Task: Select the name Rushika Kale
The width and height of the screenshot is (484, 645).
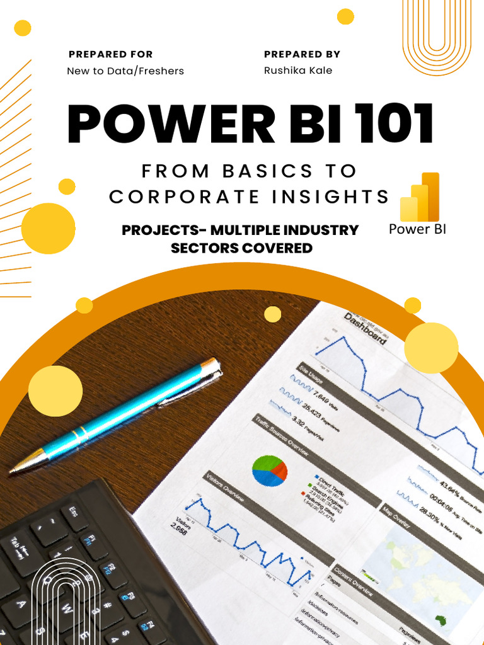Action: tap(298, 71)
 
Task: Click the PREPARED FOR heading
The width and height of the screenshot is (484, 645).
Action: tap(111, 54)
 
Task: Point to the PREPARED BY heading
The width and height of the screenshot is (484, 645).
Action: tap(302, 54)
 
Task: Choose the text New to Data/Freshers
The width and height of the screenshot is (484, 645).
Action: tap(125, 71)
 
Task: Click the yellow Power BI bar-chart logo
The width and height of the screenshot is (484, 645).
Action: tap(420, 197)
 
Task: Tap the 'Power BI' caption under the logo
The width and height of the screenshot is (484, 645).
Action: tap(417, 229)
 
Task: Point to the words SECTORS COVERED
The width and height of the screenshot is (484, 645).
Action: tap(241, 248)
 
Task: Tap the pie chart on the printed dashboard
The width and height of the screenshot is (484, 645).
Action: tap(270, 471)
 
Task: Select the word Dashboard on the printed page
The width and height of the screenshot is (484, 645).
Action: tap(366, 329)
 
